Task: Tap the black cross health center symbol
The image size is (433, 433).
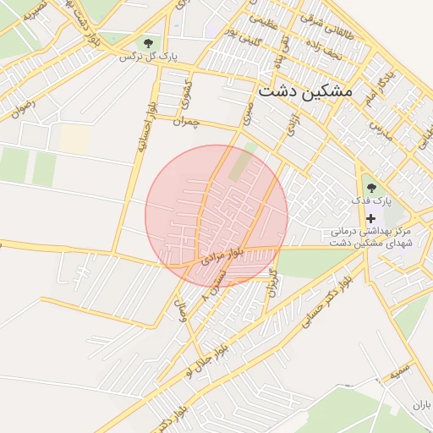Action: [370, 218]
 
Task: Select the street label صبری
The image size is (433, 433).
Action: [246, 114]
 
